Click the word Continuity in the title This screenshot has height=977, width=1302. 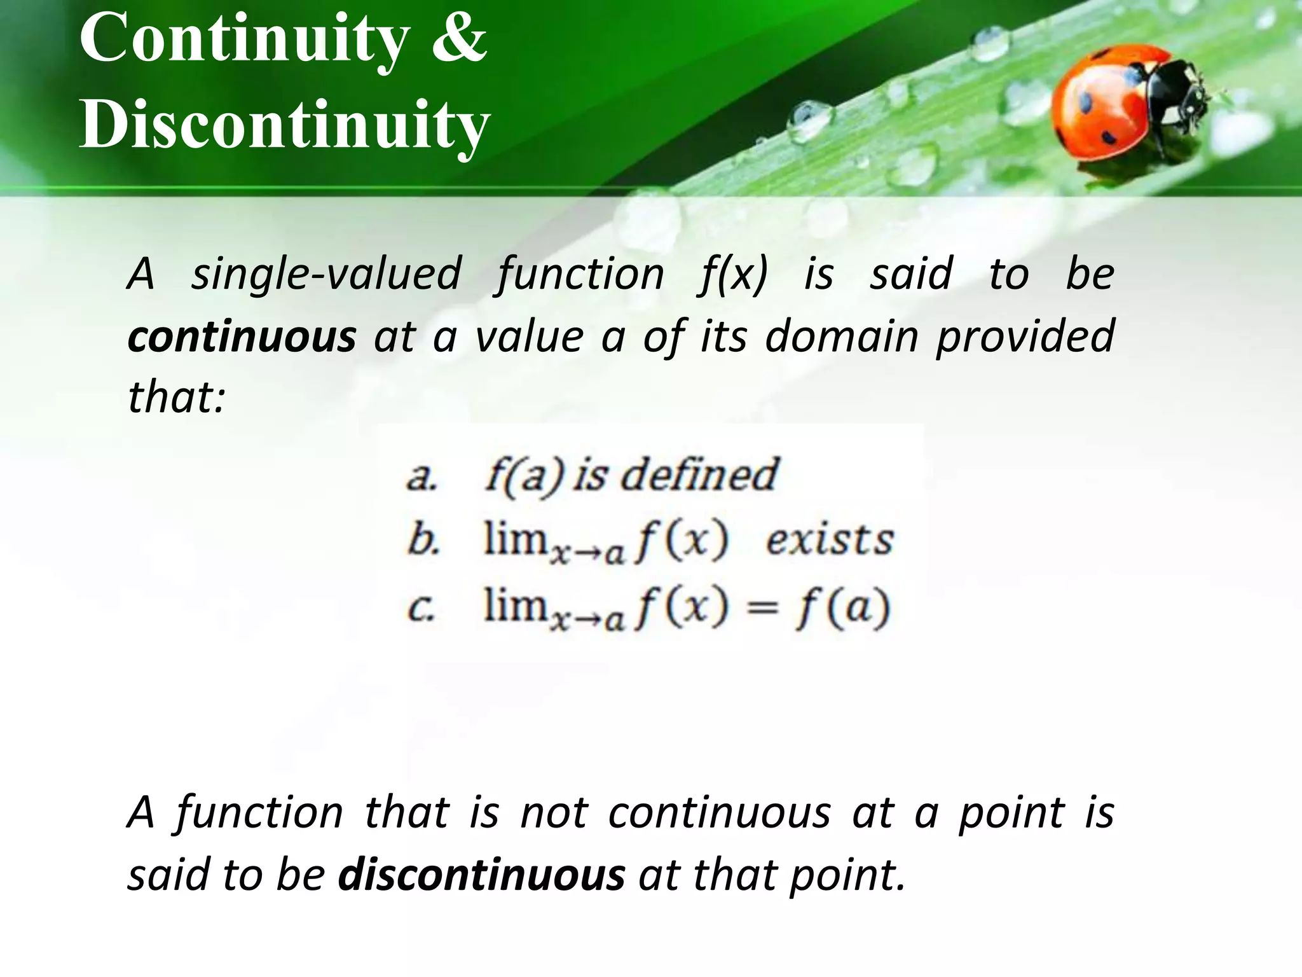245,39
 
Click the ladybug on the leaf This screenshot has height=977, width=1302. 1125,105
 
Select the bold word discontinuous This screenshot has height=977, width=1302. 481,875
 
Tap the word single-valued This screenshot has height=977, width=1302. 326,274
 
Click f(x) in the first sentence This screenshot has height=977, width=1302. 733,274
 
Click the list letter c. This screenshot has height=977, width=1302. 421,608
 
